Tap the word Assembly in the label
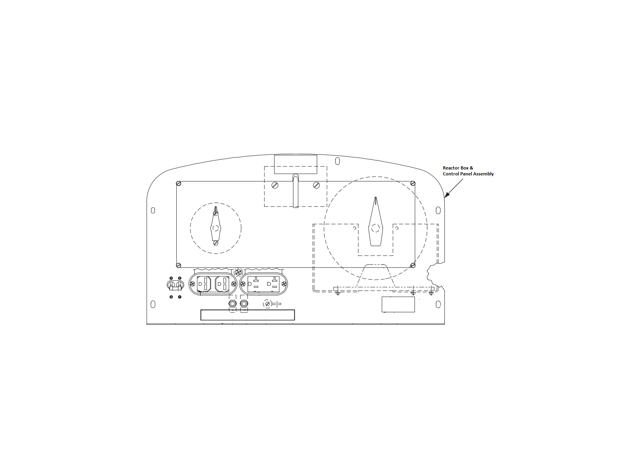(x=484, y=174)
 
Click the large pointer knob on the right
(x=375, y=222)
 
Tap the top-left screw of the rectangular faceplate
(x=179, y=184)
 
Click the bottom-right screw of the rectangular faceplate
(x=413, y=265)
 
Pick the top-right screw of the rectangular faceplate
(x=413, y=183)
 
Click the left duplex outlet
(x=213, y=284)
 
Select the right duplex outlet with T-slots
(x=263, y=284)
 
